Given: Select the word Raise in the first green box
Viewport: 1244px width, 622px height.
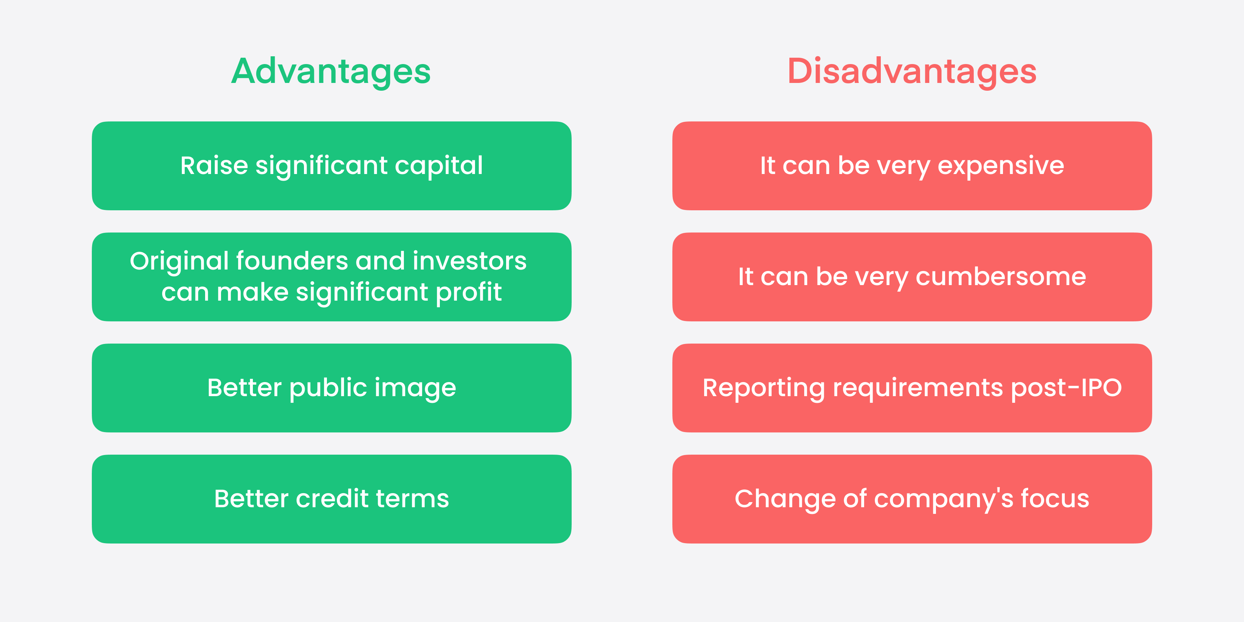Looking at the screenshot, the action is pos(214,165).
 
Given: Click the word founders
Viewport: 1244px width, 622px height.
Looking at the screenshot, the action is pos(292,261).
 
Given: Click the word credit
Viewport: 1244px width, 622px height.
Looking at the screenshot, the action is pos(332,499).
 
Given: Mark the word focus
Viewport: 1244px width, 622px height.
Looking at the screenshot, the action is pos(1055,499).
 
